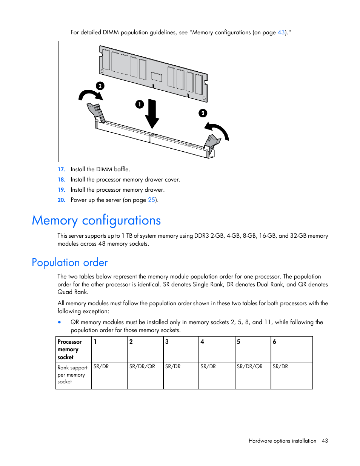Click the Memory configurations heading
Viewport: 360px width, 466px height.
[96, 220]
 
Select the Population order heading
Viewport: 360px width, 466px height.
[70, 263]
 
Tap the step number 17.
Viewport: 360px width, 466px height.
[62, 169]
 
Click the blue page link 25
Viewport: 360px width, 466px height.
[151, 200]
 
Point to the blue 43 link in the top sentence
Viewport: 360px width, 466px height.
[281, 32]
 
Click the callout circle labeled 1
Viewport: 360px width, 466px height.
[140, 104]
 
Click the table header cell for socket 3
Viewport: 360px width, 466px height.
[181, 349]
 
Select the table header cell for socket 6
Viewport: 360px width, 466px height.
[291, 349]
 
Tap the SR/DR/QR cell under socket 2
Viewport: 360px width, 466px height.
[145, 376]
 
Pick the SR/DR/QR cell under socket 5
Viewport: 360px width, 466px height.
[252, 376]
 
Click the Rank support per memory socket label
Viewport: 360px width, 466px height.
[73, 375]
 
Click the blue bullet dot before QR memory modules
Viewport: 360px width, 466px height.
[60, 322]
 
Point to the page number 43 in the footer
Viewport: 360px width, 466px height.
[325, 441]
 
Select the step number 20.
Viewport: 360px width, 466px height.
[62, 200]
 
